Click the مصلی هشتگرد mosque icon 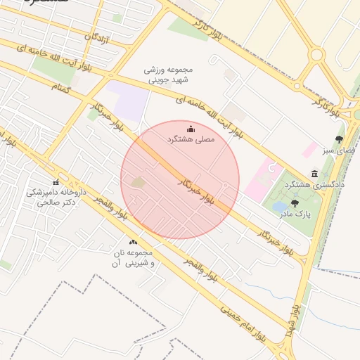point(192,128)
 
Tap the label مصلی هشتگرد point(190,140)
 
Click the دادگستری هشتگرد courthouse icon point(314,173)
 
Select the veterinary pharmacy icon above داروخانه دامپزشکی point(56,181)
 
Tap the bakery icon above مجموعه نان point(134,242)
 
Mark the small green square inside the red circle point(138,183)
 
